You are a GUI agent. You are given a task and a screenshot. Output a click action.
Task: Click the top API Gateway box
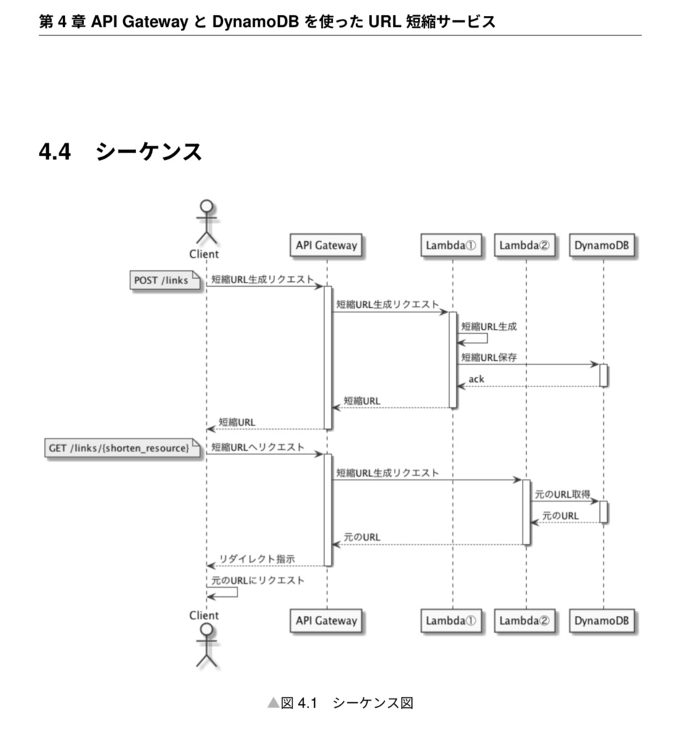(326, 246)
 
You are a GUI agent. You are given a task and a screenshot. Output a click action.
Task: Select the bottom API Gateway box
(326, 620)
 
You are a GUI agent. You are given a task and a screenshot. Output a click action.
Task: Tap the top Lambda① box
(451, 246)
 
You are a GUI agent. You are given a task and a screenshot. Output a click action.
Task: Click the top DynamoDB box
(602, 246)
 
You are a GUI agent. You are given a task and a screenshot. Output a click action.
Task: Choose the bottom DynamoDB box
(602, 620)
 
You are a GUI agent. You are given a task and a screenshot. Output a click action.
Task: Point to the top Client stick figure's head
(207, 205)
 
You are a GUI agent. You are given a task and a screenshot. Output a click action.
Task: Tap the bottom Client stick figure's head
(207, 631)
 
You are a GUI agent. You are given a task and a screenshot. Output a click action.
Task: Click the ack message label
(476, 379)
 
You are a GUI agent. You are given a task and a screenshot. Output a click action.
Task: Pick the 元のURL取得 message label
(562, 494)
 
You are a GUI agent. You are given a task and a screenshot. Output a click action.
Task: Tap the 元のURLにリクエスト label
(258, 580)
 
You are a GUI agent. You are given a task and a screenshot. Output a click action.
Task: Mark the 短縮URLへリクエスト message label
(258, 447)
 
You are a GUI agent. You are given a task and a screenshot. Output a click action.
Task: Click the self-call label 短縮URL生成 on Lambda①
(489, 327)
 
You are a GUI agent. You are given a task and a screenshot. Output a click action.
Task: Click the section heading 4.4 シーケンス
(120, 152)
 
